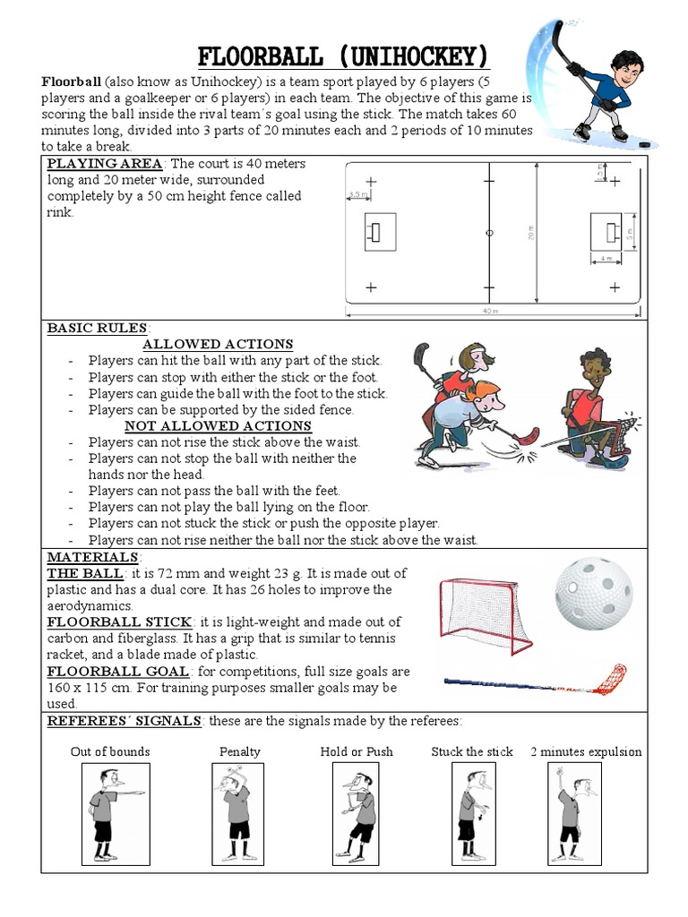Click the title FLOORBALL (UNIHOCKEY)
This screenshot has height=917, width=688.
(343, 58)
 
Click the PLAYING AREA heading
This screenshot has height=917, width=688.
(105, 163)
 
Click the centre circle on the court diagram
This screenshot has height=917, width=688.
(488, 233)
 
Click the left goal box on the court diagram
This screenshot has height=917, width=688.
(374, 233)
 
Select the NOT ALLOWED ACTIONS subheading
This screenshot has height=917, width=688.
(218, 425)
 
